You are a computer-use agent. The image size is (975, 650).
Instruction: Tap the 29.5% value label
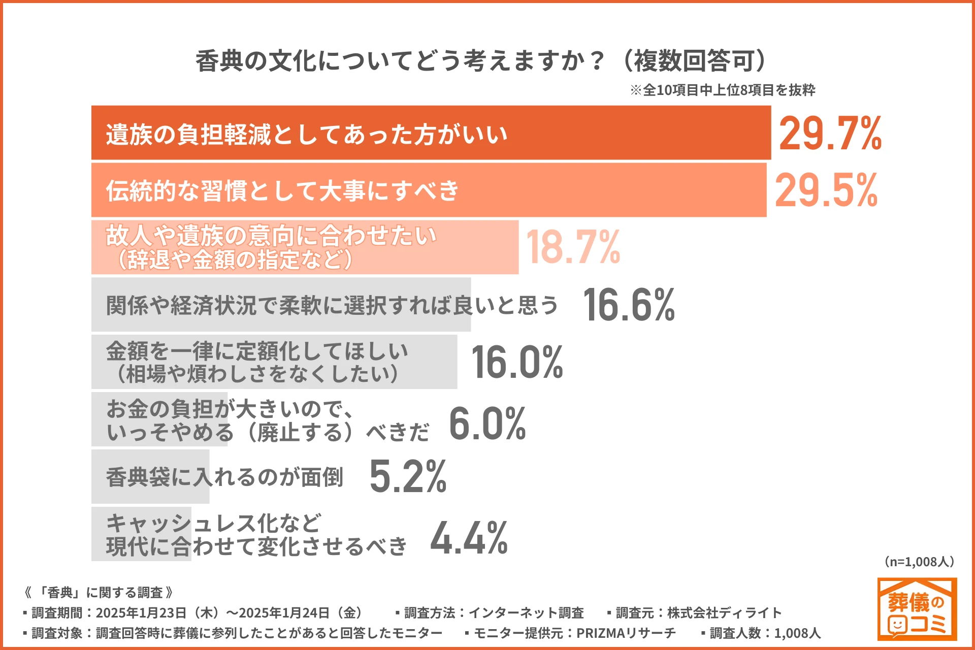[x=826, y=190]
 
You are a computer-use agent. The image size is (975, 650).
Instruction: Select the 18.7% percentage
[x=573, y=247]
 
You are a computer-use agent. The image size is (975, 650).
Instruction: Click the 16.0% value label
[x=517, y=362]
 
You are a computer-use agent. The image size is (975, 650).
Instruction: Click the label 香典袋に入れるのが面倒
[x=224, y=477]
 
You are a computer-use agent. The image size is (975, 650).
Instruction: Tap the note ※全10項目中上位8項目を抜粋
[x=722, y=90]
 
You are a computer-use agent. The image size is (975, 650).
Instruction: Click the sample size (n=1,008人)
[x=919, y=562]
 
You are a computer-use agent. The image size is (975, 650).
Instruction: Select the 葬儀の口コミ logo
[x=917, y=609]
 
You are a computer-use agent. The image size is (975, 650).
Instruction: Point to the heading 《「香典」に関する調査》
[x=99, y=593]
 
